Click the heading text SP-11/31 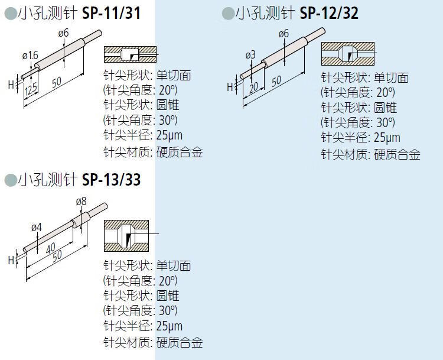(x=112, y=13)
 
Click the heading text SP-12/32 (x=329, y=13)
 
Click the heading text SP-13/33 (x=112, y=179)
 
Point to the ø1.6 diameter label (x=30, y=56)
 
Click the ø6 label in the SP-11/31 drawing (x=64, y=34)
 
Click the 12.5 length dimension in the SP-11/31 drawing (x=31, y=89)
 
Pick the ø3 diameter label (x=250, y=55)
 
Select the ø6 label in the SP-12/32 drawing (x=283, y=34)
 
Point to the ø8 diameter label (x=82, y=202)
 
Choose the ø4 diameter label (x=36, y=227)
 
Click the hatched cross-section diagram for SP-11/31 (x=130, y=55)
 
